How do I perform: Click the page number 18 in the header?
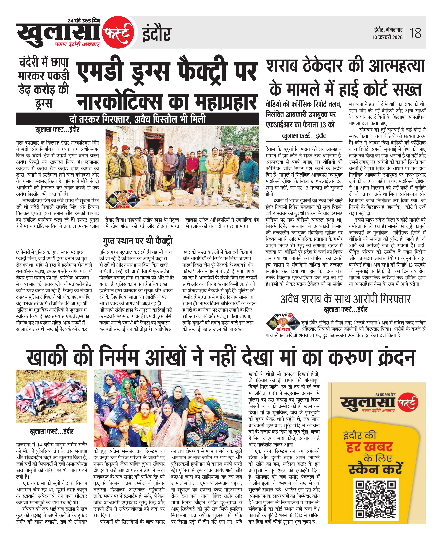tap(416, 33)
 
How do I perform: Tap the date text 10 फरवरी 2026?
tap(387, 37)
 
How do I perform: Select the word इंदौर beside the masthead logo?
tap(156, 34)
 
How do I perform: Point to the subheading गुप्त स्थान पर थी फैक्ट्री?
tap(137, 241)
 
